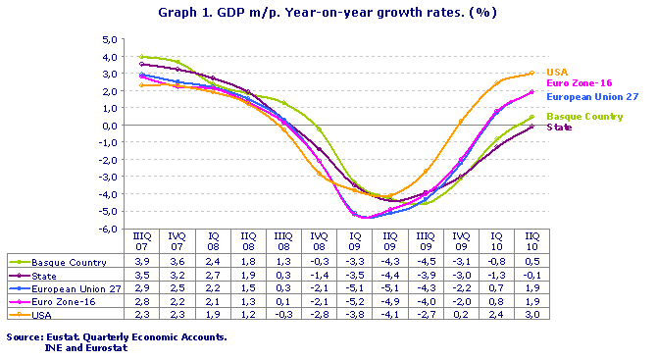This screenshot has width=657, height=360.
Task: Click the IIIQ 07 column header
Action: [x=143, y=241]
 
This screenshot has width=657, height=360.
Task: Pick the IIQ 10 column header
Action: [x=531, y=241]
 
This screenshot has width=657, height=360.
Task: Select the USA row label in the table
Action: [x=43, y=314]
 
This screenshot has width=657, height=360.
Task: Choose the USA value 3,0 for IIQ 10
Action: [x=531, y=314]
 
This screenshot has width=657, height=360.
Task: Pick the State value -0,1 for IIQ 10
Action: [x=531, y=276]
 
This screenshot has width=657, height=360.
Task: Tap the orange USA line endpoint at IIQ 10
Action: [x=531, y=73]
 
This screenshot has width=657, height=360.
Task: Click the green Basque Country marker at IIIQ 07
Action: [x=143, y=57]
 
